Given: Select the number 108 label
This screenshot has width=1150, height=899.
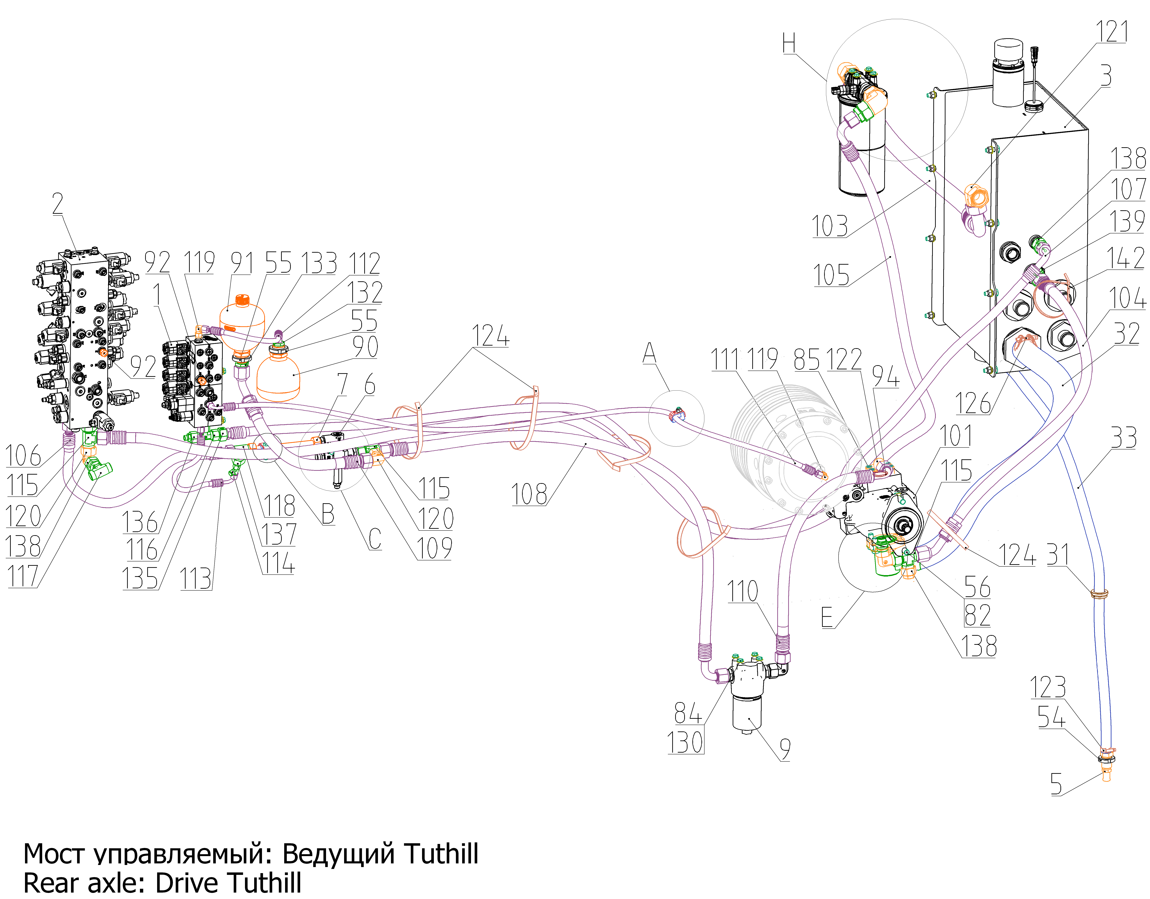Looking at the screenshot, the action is (x=529, y=494).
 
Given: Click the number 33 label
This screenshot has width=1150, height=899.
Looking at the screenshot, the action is (x=1124, y=438).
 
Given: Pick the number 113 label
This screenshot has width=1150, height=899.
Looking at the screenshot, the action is (x=196, y=579).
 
